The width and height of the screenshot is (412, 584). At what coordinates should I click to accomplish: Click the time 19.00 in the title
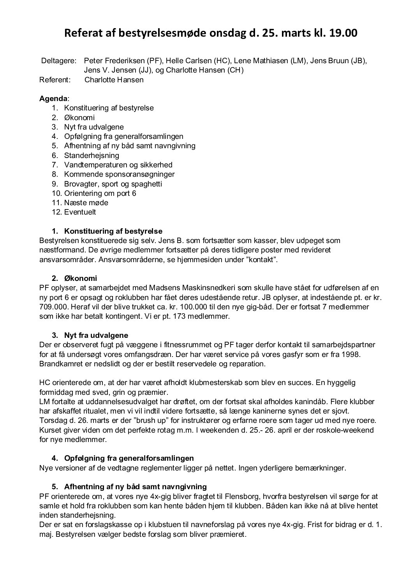tap(343, 34)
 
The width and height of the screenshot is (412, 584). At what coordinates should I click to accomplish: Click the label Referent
tap(55, 80)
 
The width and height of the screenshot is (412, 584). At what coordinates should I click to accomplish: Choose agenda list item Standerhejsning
tap(92, 155)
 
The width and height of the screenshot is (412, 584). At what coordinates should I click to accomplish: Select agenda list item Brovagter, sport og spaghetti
tap(113, 184)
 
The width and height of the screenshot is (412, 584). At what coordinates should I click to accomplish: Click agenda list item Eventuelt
tap(80, 212)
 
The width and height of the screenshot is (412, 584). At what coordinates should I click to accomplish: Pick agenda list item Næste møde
tap(86, 203)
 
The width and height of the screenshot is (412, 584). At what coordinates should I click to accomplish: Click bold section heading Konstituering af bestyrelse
tap(113, 231)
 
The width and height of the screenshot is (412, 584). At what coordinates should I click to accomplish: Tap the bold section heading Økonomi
tap(81, 279)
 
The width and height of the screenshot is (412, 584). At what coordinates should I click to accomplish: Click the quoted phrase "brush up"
tap(127, 421)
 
